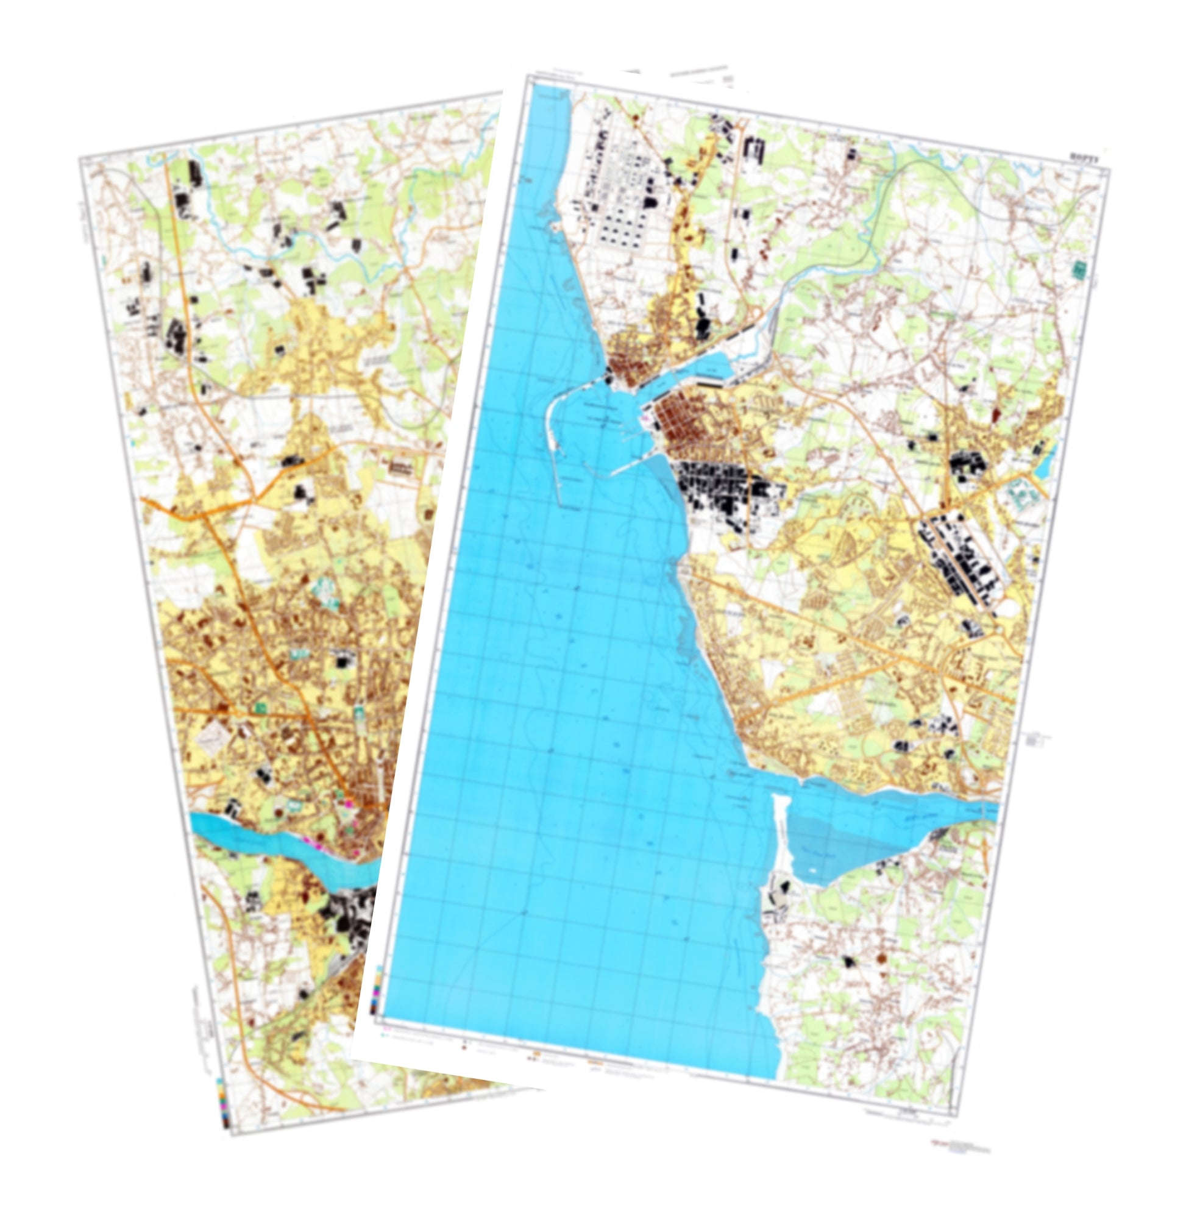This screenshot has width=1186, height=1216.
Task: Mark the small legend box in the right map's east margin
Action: [1035, 740]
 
